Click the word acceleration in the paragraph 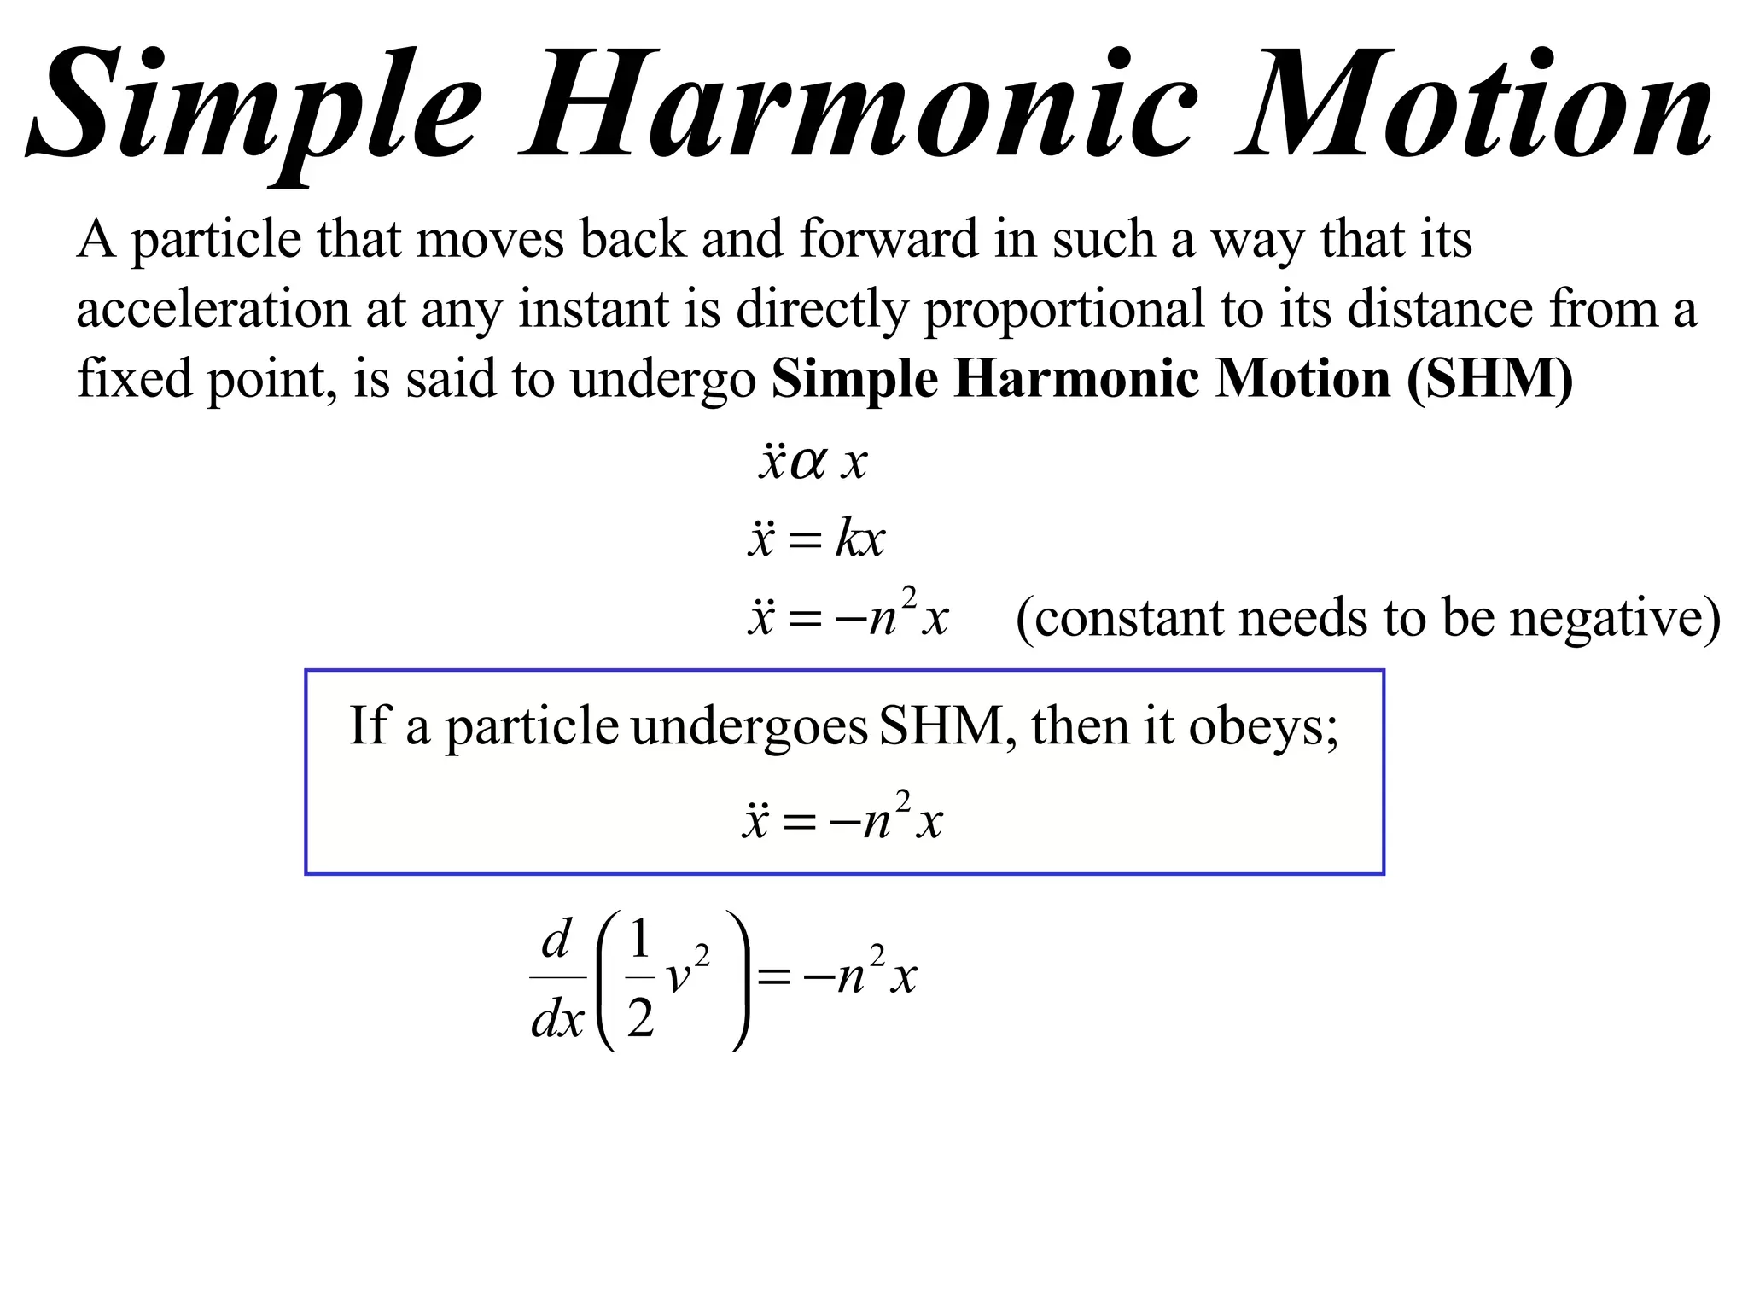pos(213,309)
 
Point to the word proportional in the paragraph pos(1063,311)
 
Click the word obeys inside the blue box pos(1263,729)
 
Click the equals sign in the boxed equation pos(799,823)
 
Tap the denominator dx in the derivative pos(557,1018)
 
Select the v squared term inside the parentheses pos(686,972)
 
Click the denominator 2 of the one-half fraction pos(640,1018)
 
